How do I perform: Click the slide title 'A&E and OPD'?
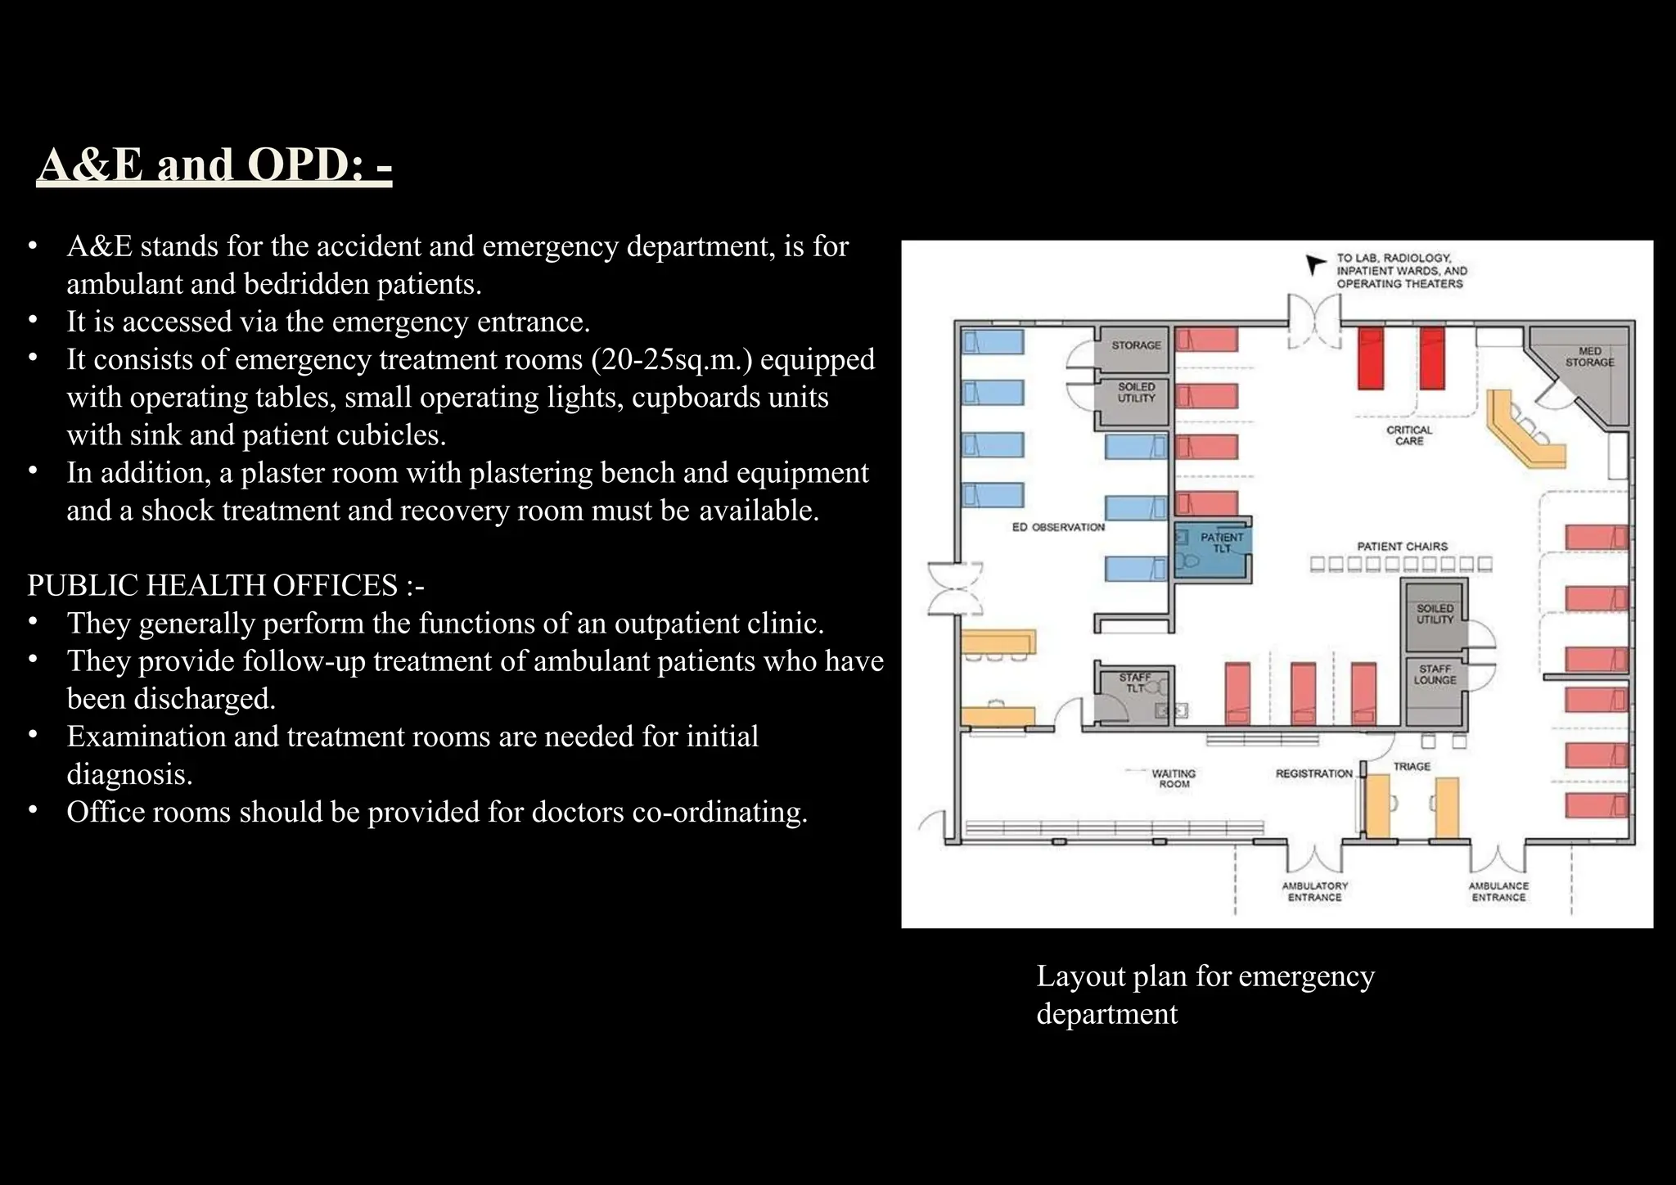[214, 164]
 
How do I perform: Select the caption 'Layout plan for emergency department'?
[1205, 994]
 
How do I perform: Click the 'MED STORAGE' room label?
[1589, 357]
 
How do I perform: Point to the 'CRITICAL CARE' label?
[1409, 435]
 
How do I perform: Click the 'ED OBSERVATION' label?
[1058, 527]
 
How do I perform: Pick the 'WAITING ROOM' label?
[1174, 778]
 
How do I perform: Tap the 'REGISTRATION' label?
[1313, 773]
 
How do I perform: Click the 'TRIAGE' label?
[1412, 766]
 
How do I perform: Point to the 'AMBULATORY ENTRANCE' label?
[1314, 891]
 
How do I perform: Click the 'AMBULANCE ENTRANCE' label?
[1498, 891]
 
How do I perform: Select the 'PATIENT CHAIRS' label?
[1402, 546]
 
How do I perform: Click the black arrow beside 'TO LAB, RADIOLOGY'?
[1314, 264]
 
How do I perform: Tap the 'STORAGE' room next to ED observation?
[1136, 345]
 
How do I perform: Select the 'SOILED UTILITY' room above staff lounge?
[1435, 614]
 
